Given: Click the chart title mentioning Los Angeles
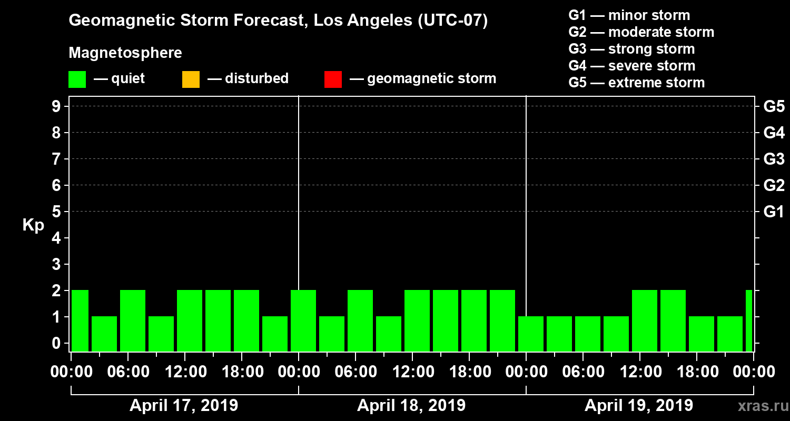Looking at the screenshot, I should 278,21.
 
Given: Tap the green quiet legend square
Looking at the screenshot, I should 77,79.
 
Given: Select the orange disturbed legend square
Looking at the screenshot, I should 191,79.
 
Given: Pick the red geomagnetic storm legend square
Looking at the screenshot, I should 333,79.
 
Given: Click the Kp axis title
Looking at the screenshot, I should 33,225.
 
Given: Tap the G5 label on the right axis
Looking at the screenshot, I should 774,107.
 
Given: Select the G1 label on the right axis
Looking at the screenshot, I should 774,212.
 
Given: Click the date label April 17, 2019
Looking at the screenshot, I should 184,406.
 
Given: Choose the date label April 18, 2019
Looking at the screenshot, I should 411,406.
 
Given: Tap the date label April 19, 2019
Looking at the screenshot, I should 639,406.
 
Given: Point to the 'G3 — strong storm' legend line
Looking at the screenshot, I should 631,49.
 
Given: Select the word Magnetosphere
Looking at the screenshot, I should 125,53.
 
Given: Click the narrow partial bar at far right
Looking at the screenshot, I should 749,320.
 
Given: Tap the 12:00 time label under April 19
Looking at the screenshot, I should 639,372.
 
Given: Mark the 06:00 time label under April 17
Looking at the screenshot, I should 127,372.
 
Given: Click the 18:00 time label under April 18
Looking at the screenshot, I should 468,372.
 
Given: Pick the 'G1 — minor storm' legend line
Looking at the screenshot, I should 629,15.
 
